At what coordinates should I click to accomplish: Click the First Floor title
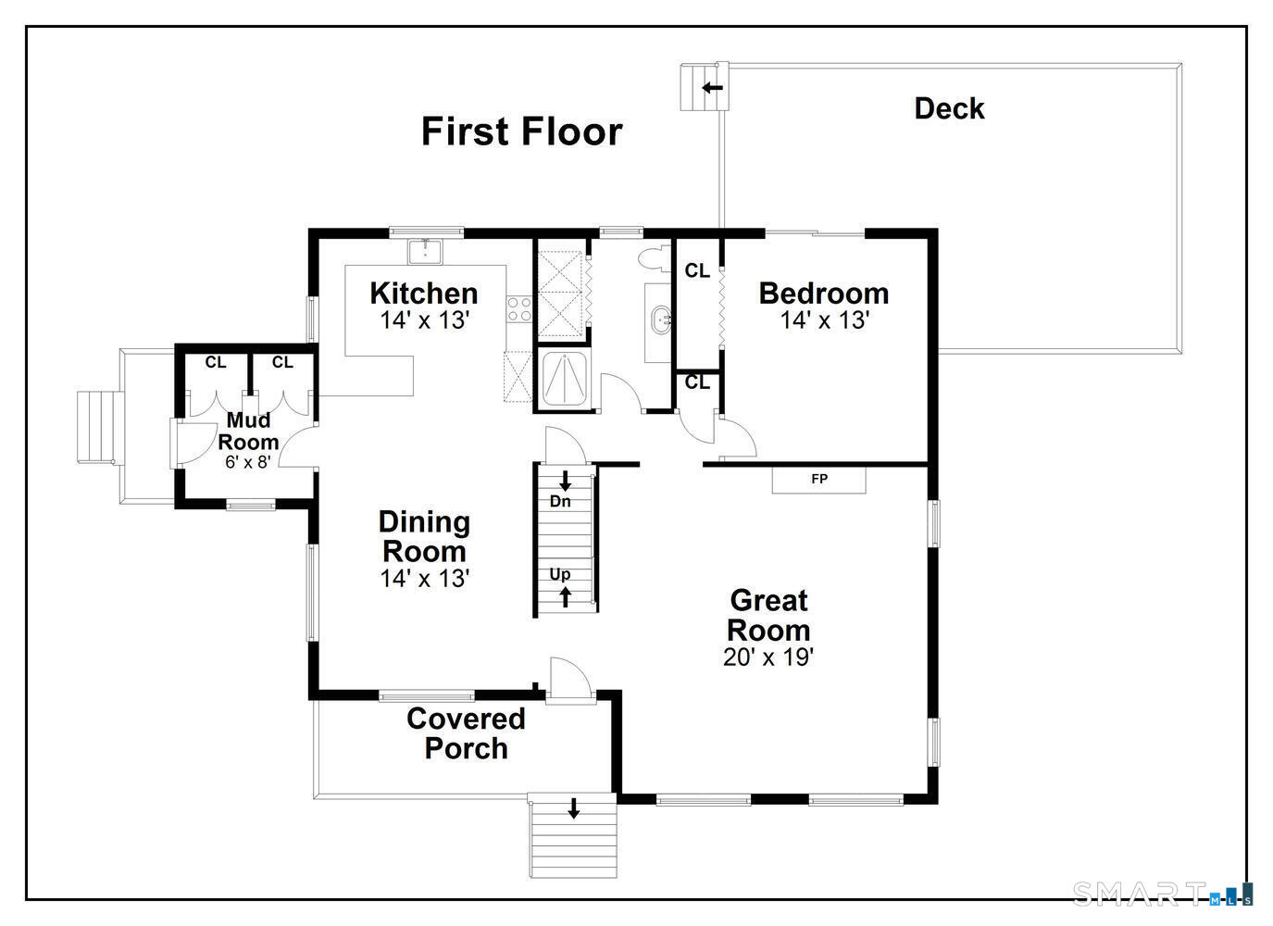[521, 131]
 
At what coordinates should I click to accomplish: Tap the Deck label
[949, 108]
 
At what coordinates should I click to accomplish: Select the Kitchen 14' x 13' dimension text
[425, 320]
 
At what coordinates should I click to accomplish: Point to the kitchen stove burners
[518, 308]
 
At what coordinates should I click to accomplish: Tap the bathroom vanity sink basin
[661, 321]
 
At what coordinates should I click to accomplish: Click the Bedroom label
[823, 293]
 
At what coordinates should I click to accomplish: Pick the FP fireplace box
[819, 480]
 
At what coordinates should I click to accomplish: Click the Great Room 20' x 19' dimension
[768, 657]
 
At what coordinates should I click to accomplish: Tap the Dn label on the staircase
[560, 501]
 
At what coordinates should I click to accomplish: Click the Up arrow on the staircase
[565, 597]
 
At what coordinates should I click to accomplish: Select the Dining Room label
[425, 536]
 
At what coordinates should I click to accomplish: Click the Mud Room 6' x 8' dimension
[247, 461]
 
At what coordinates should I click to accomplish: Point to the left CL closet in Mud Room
[216, 362]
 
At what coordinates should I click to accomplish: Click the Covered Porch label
[466, 732]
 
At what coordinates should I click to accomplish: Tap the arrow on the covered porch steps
[573, 808]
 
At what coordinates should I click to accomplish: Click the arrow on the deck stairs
[712, 88]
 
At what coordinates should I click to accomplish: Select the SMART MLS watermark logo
[1162, 893]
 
